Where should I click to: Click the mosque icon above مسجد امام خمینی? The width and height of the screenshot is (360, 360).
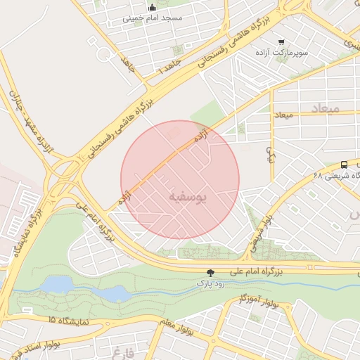pos(152,8)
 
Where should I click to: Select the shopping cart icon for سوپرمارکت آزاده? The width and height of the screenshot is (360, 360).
pos(281,42)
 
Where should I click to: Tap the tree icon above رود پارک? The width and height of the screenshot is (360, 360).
pos(210,272)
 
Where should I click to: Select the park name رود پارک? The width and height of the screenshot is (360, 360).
pos(210,283)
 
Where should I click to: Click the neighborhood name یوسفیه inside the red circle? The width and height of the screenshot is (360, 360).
pos(188,198)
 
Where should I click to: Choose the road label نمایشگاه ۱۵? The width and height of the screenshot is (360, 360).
pos(69,321)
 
